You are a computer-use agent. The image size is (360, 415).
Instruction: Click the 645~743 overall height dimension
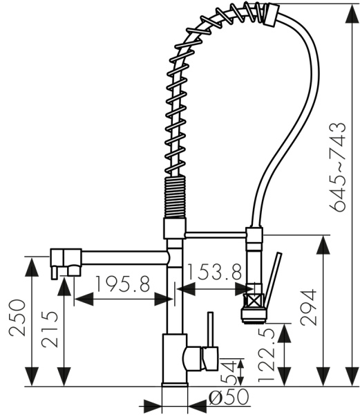(338, 167)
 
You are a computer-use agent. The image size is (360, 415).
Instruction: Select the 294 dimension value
(308, 307)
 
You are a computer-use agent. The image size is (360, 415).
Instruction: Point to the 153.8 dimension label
(214, 272)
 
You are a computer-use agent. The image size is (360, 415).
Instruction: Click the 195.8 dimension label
(122, 284)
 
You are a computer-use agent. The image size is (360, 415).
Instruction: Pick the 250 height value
(17, 317)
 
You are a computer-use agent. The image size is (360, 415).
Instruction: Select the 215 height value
(50, 329)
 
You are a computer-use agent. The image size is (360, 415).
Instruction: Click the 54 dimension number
(228, 372)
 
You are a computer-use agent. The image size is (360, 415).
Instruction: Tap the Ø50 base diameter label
(229, 397)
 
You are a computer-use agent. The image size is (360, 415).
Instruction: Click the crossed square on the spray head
(253, 301)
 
